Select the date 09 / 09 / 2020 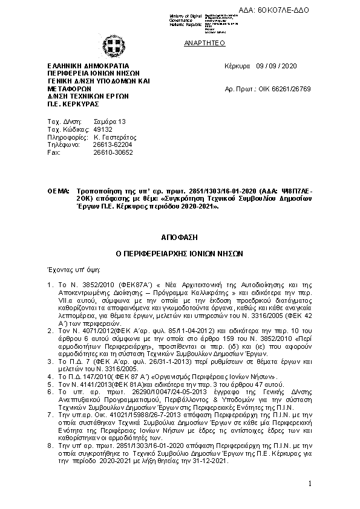tap(277, 66)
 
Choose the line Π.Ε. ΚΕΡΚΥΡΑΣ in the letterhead tap(68, 103)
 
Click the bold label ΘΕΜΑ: tap(59, 191)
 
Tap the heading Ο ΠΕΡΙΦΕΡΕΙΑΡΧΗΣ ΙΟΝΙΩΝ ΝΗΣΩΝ tap(179, 254)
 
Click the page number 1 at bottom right tap(309, 484)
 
